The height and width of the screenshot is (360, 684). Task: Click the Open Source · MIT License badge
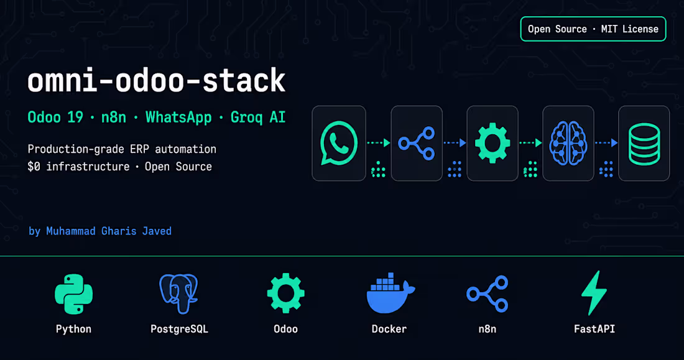pyautogui.click(x=593, y=29)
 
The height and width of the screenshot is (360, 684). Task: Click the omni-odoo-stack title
pyautogui.click(x=156, y=80)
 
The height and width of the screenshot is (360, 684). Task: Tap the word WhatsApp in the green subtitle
pyautogui.click(x=178, y=118)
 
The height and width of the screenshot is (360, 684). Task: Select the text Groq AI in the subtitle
pyautogui.click(x=258, y=118)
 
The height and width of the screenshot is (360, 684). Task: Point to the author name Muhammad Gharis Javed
pyautogui.click(x=109, y=231)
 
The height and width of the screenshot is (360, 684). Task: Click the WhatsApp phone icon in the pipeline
pyautogui.click(x=338, y=143)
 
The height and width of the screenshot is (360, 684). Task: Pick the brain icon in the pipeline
pyautogui.click(x=568, y=143)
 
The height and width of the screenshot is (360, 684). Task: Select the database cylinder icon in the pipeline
pyautogui.click(x=644, y=144)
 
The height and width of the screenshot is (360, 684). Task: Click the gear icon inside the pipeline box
pyautogui.click(x=492, y=143)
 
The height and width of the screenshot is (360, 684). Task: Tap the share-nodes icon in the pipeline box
pyautogui.click(x=416, y=143)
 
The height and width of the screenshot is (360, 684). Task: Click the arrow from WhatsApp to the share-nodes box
pyautogui.click(x=378, y=142)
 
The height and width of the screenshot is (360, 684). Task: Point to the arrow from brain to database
pyautogui.click(x=606, y=142)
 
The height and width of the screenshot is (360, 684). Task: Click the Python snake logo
pyautogui.click(x=74, y=294)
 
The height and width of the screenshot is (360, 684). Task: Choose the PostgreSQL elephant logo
pyautogui.click(x=179, y=293)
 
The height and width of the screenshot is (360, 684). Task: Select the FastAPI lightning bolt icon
pyautogui.click(x=594, y=293)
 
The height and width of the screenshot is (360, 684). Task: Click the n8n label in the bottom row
pyautogui.click(x=488, y=329)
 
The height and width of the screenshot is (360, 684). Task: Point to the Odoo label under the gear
pyautogui.click(x=286, y=329)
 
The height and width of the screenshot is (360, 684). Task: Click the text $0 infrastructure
pyautogui.click(x=78, y=167)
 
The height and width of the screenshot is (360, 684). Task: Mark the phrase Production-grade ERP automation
pyautogui.click(x=122, y=149)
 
